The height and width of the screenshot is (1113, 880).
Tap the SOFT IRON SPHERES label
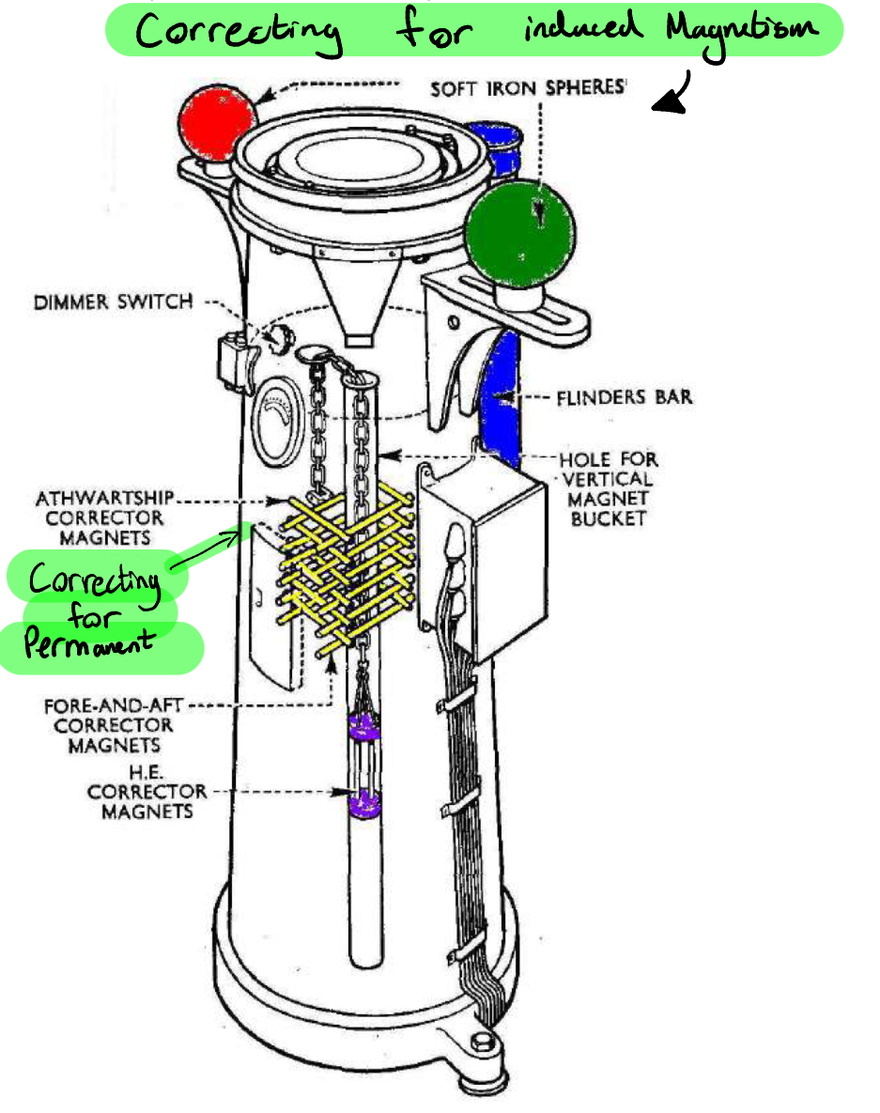pyautogui.click(x=528, y=88)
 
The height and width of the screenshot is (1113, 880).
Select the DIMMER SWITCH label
pyautogui.click(x=114, y=302)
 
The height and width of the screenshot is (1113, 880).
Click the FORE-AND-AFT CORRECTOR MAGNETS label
pyautogui.click(x=108, y=724)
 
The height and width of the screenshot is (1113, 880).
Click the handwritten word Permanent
pyautogui.click(x=88, y=646)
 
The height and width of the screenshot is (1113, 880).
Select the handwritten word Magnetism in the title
pyautogui.click(x=742, y=31)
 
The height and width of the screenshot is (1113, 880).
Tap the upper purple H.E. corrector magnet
pyautogui.click(x=363, y=723)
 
